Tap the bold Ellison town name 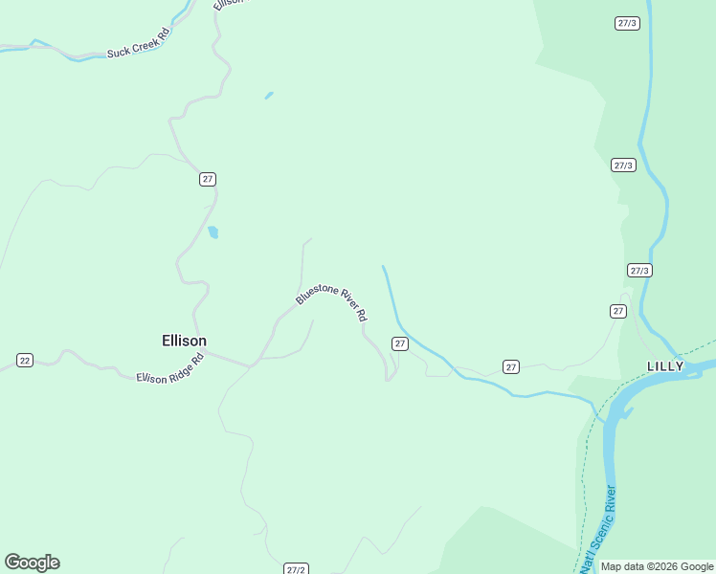tap(184, 341)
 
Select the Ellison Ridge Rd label tap(170, 368)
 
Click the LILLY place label tap(665, 366)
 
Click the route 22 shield tap(25, 360)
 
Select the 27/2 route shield tap(296, 569)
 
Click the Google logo tap(32, 563)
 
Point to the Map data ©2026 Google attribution tap(657, 566)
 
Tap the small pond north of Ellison tap(213, 232)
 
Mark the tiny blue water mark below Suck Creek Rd tap(269, 95)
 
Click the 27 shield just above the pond tap(208, 179)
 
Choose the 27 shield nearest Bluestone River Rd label tap(400, 342)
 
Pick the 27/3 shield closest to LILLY tap(639, 271)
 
